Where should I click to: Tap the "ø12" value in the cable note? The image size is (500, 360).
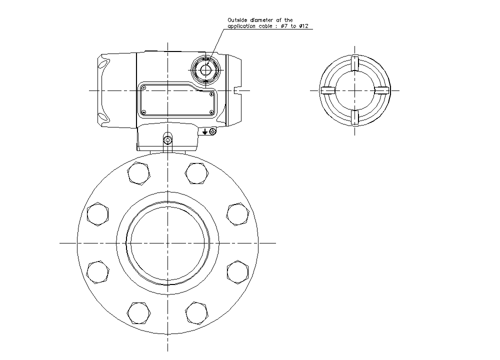pos(306,26)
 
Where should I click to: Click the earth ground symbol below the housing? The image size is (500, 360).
pos(205,131)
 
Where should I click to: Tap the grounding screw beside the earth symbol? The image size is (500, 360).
pos(213,131)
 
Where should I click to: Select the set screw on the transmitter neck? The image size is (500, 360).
pos(167,139)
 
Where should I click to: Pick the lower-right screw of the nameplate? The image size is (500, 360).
pos(211,112)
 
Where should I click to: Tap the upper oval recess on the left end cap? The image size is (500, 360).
pos(103,64)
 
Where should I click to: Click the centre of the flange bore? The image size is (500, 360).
pos(167,243)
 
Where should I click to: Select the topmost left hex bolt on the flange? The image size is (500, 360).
pos(138,173)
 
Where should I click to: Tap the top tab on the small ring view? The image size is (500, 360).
pos(354,63)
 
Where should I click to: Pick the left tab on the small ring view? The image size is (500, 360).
pos(327,90)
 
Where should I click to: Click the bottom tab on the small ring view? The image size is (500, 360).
pos(354,117)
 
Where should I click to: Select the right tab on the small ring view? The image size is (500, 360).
pos(381,90)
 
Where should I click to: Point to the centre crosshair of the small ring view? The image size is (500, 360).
pos(354,90)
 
